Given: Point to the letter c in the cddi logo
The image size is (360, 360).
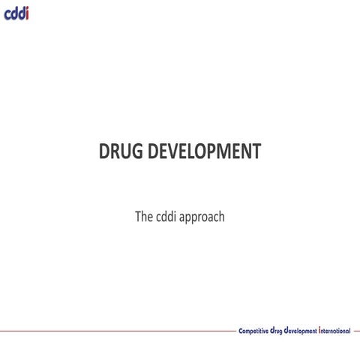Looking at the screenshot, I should coord(7,14).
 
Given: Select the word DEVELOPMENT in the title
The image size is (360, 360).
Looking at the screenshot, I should coord(204,151).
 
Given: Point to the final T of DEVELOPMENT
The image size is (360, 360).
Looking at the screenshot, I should coord(256,151).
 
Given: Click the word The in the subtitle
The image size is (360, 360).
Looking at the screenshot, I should coord(144,217).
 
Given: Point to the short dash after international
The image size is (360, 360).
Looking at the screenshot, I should coord(356,330).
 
